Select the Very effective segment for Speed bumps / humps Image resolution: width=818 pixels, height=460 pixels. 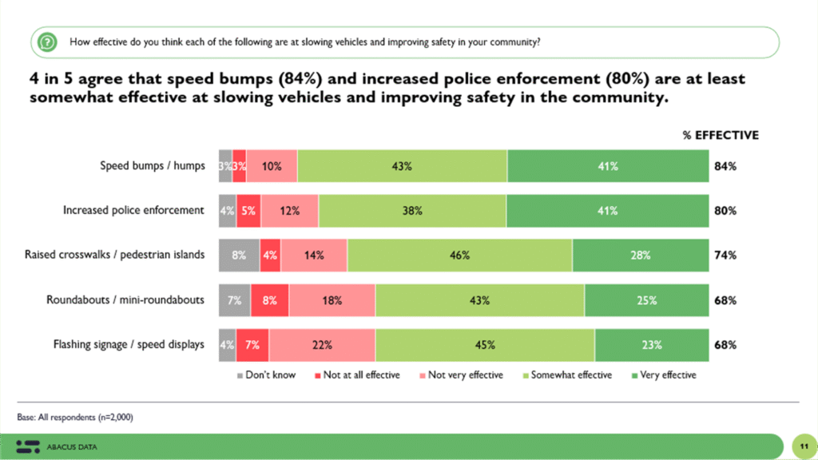tap(608, 166)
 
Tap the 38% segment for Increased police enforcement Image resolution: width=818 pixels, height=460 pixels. tap(412, 211)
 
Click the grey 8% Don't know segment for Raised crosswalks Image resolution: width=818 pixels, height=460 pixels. tap(240, 256)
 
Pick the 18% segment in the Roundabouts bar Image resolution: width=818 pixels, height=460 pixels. tap(332, 300)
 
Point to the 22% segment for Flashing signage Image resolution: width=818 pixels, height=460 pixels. tap(322, 345)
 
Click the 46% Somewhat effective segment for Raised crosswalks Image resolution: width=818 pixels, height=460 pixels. tap(459, 256)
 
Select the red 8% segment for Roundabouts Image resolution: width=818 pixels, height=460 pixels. tap(270, 300)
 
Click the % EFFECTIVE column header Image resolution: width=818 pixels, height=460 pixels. tap(721, 135)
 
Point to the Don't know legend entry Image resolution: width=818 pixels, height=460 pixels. tap(267, 375)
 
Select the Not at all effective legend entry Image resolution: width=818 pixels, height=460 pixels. tap(355, 375)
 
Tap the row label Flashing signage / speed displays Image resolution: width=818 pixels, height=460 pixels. tap(129, 345)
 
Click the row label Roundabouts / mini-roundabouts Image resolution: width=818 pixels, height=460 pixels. tap(125, 300)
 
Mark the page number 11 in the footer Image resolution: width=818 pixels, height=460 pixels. tap(801, 445)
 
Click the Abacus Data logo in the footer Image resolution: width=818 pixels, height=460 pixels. tap(57, 446)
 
